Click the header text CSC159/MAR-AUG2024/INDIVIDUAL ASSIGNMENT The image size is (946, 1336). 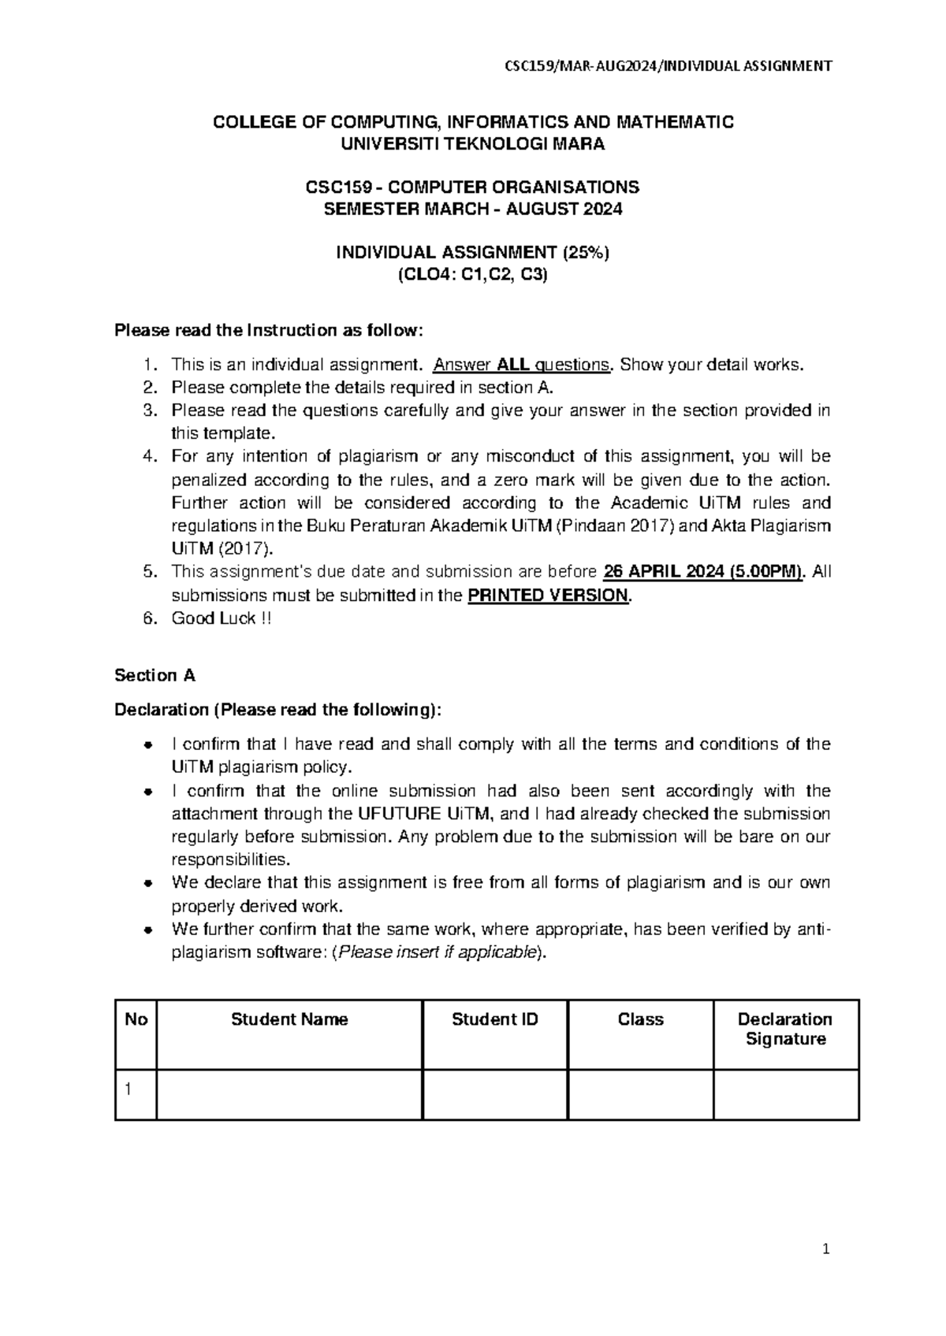[x=668, y=66]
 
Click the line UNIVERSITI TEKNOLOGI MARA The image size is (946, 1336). [x=472, y=144]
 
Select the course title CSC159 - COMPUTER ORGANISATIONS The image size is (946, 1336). [x=472, y=187]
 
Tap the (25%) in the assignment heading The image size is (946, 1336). [x=585, y=252]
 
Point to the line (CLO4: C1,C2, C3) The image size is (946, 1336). [x=472, y=275]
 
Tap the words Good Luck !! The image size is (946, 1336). [x=222, y=618]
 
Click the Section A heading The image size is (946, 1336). [x=155, y=675]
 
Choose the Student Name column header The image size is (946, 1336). [x=289, y=1019]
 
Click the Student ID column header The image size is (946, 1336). [x=495, y=1019]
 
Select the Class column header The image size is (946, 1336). [x=640, y=1019]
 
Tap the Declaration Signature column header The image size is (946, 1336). [x=785, y=1029]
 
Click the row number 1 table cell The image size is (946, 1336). [x=136, y=1094]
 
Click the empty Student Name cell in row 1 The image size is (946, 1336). [x=289, y=1094]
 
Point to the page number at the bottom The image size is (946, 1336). [x=825, y=1249]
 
